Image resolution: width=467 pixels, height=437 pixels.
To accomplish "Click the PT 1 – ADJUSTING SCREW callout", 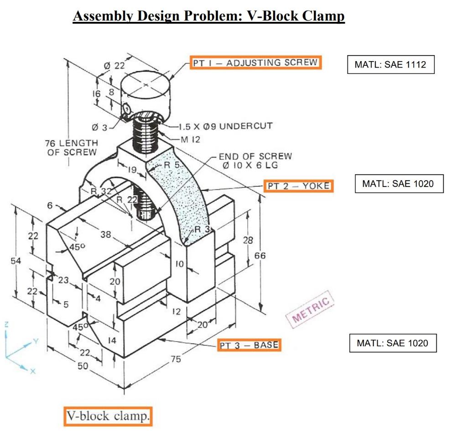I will (x=255, y=62).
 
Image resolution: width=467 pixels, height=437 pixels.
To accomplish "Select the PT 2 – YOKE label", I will (x=299, y=186).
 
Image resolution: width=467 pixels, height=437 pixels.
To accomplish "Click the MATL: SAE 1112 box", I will (x=390, y=64).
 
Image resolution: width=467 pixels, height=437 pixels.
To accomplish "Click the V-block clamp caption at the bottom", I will (x=108, y=416).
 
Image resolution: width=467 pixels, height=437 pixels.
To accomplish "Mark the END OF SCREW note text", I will (x=256, y=161).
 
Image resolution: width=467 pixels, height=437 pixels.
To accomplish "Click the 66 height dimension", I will (x=259, y=256).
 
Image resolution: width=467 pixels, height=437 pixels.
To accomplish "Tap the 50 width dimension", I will (x=82, y=366).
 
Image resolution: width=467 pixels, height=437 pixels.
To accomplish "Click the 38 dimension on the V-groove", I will (x=106, y=234).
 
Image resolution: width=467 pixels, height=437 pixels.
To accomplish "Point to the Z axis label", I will (x=6, y=324).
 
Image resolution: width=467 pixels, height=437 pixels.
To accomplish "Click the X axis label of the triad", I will (x=31, y=371).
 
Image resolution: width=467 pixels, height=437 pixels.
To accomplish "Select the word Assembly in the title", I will (x=104, y=16).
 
